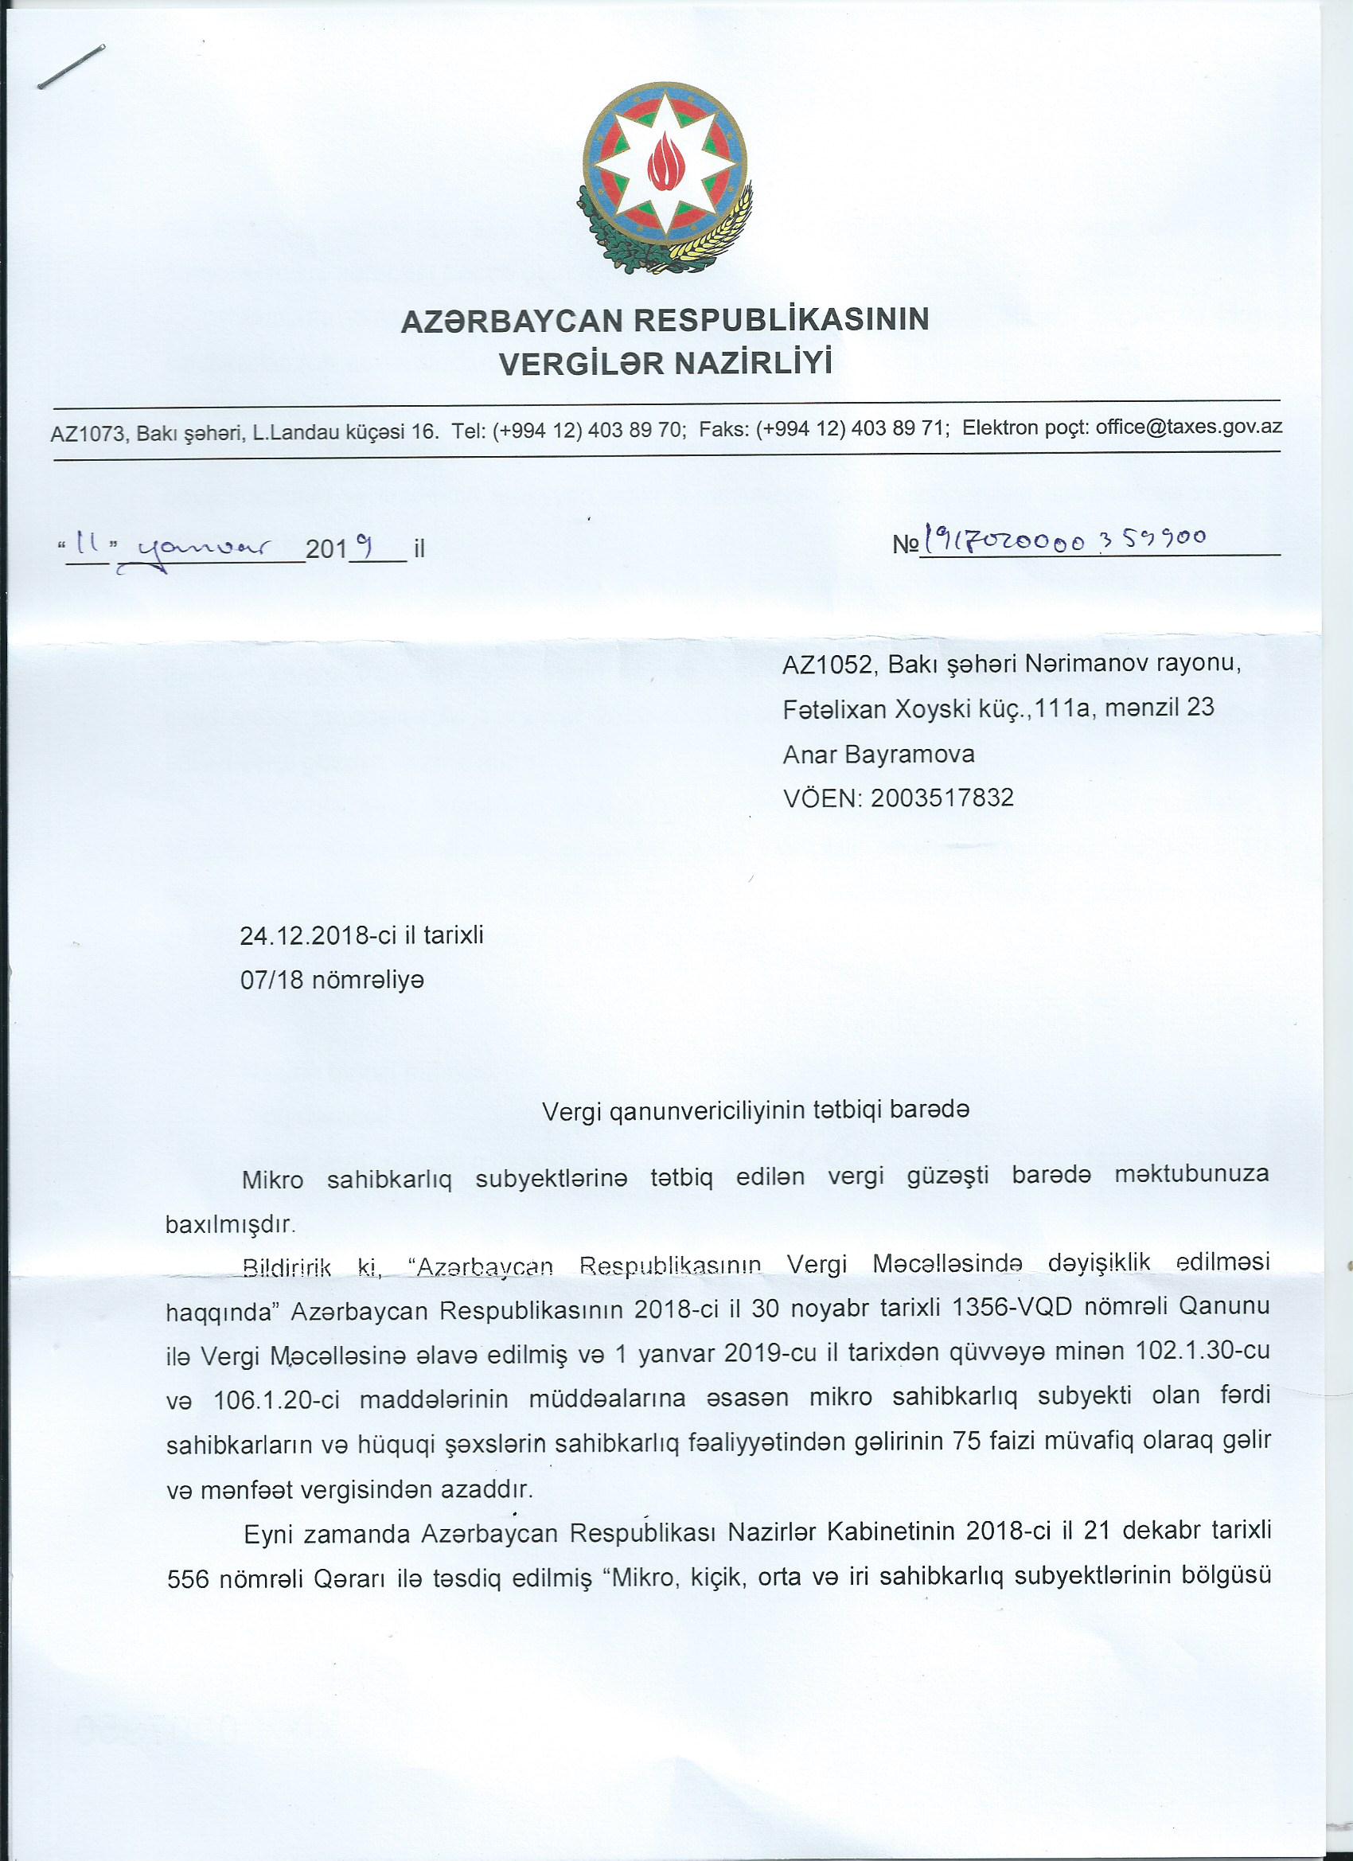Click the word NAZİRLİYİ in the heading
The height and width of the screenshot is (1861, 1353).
point(752,362)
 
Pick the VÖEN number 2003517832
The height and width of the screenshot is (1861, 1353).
point(942,798)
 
